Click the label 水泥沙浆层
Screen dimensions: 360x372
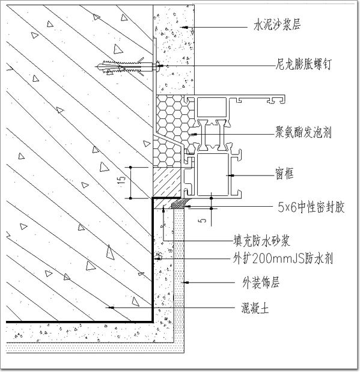pyautogui.click(x=277, y=25)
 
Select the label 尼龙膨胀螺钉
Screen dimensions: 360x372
pyautogui.click(x=303, y=64)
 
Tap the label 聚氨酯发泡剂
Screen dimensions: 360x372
pyautogui.click(x=303, y=132)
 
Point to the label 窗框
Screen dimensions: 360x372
pyautogui.click(x=284, y=174)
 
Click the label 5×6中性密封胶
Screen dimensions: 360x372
pyautogui.click(x=311, y=207)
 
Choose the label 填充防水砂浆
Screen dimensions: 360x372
pyautogui.click(x=261, y=241)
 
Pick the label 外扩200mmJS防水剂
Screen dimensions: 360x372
pyautogui.click(x=282, y=258)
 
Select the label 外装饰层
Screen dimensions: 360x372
pyautogui.click(x=261, y=282)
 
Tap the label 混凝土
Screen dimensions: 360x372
pyautogui.click(x=255, y=308)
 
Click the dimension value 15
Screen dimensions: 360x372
pyautogui.click(x=121, y=181)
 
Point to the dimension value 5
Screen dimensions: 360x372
pyautogui.click(x=202, y=221)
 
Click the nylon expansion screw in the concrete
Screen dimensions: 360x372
pyautogui.click(x=128, y=66)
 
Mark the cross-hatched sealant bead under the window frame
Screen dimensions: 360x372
pyautogui.click(x=180, y=204)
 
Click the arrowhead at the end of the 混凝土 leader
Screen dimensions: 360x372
pyautogui.click(x=111, y=308)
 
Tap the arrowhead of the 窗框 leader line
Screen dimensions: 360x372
pyautogui.click(x=231, y=175)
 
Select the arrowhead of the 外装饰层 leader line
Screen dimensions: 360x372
pyautogui.click(x=186, y=282)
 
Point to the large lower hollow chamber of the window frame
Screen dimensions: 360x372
pyautogui.click(x=213, y=175)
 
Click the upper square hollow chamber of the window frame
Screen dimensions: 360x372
pyautogui.click(x=212, y=107)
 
